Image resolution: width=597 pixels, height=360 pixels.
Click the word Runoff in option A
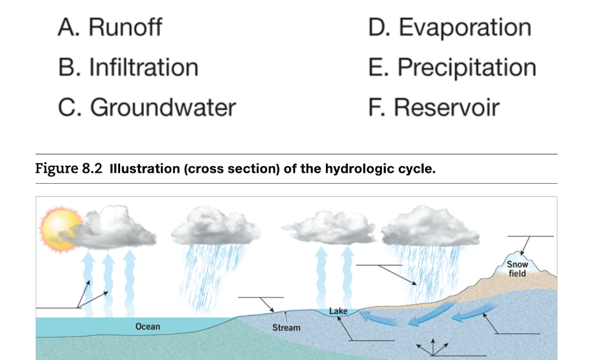click(x=125, y=27)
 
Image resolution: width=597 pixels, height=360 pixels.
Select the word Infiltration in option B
click(x=143, y=68)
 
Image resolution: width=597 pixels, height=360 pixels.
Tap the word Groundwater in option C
click(x=163, y=107)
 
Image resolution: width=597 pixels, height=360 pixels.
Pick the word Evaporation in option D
click(x=465, y=27)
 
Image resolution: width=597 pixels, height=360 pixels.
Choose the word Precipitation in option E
click(x=466, y=68)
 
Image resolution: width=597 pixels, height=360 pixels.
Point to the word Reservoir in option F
click(x=447, y=107)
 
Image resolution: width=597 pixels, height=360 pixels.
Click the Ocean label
click(x=148, y=326)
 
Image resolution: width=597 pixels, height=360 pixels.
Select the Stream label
click(x=286, y=328)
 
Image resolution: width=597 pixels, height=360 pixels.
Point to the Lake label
click(x=338, y=311)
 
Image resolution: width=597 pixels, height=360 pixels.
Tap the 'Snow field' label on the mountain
click(x=517, y=269)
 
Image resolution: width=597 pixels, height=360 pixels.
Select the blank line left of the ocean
click(x=55, y=307)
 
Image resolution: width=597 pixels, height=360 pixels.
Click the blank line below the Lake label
click(x=373, y=340)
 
